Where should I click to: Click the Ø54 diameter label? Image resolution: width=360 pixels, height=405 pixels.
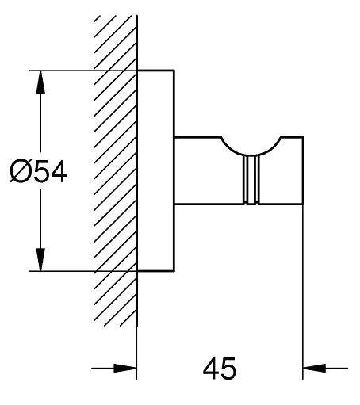coord(39,171)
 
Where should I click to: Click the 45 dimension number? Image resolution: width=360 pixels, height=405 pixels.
coord(220,369)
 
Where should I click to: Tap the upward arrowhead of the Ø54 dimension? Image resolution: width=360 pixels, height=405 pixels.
coord(40,82)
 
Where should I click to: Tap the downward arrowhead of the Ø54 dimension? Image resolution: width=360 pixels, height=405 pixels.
coord(40,260)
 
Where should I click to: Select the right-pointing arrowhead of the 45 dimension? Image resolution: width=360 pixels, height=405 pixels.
coord(125,368)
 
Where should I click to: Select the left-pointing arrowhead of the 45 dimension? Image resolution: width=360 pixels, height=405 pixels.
coord(314,368)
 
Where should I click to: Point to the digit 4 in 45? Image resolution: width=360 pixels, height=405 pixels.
coord(211,369)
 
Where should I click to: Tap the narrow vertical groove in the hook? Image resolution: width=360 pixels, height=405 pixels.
coord(251,180)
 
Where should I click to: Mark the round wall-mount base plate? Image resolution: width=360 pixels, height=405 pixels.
coord(155,170)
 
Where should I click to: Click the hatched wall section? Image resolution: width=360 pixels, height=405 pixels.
coord(115,170)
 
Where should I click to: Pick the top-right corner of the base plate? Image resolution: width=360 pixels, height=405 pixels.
coord(174,71)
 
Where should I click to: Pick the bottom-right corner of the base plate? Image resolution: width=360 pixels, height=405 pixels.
coord(174,271)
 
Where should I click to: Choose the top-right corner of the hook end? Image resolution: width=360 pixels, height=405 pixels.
coord(303,137)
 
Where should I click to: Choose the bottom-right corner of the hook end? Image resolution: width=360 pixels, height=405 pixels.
coord(303,204)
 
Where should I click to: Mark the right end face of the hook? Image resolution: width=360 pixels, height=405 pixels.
coord(303,170)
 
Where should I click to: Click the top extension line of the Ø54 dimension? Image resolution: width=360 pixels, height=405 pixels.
coord(82,71)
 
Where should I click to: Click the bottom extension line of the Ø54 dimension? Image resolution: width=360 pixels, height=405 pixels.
coord(82,271)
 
